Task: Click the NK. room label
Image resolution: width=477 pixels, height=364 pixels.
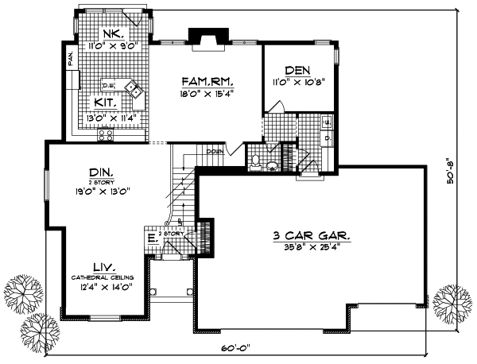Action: [111, 34]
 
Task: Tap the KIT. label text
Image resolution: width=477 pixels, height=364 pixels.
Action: [106, 103]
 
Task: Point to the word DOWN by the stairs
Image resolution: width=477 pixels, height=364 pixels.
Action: [213, 151]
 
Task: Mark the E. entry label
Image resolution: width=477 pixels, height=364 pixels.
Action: [150, 238]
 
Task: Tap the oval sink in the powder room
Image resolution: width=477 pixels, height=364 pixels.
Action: [271, 166]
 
